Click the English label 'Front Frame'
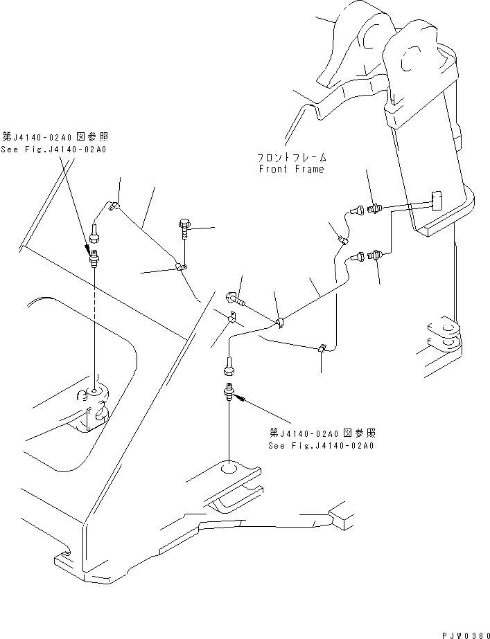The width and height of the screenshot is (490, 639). (290, 169)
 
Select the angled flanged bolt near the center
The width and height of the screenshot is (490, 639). (236, 300)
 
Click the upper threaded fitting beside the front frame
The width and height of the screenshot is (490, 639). (376, 207)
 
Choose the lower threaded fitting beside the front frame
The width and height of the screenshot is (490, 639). (376, 256)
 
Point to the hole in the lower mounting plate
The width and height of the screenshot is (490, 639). (228, 471)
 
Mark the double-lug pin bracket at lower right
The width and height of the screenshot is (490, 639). (441, 331)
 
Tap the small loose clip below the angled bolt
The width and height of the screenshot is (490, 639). (233, 320)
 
